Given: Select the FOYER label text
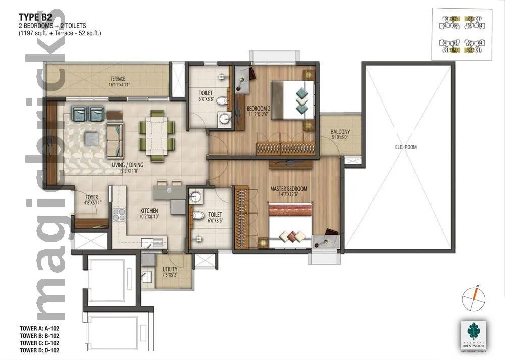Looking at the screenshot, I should (x=91, y=197).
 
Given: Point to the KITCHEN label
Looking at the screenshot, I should (x=149, y=210).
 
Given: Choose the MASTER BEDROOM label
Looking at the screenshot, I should (x=288, y=189).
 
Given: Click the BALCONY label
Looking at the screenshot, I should (x=340, y=132).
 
